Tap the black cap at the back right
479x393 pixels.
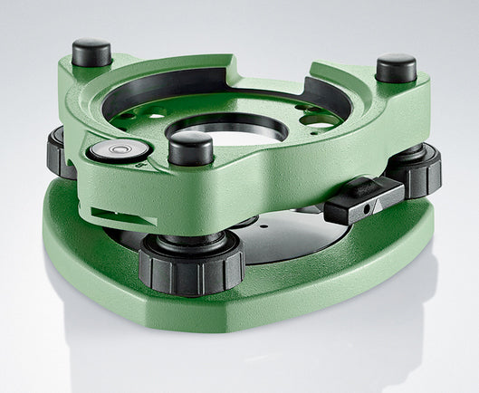[x=396, y=67]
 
